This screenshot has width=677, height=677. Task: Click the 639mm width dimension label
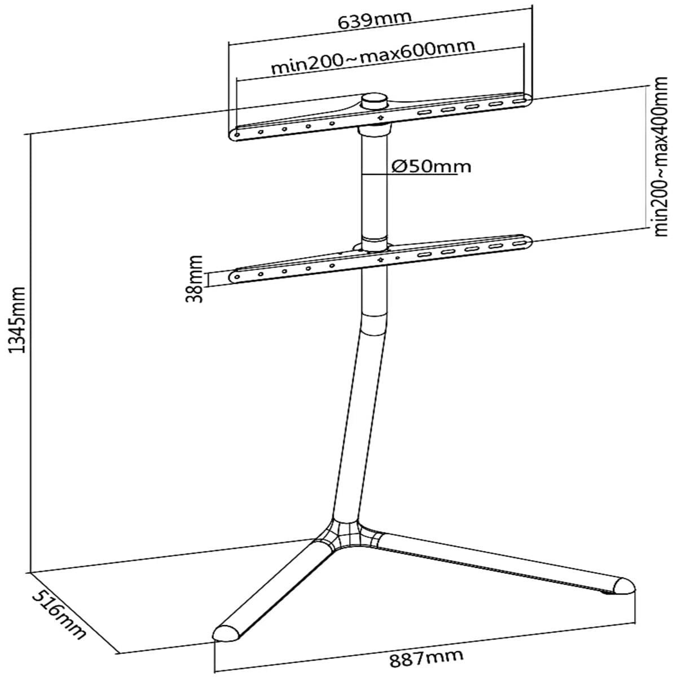[375, 20]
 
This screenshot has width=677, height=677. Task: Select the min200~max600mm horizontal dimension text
[373, 58]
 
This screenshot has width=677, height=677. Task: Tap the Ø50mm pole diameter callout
[432, 166]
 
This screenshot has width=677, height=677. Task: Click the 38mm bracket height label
[194, 279]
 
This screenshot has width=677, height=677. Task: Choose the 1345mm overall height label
[17, 320]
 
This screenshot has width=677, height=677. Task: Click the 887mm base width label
[426, 655]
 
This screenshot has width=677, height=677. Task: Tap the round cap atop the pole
[375, 102]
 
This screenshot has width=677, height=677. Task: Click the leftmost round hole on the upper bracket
[237, 135]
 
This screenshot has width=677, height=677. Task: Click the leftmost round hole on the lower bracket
[237, 277]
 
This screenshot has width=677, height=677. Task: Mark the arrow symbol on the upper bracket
[380, 118]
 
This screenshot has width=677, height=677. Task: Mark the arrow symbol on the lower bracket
[380, 260]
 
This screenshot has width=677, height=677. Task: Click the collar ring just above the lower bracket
[375, 244]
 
